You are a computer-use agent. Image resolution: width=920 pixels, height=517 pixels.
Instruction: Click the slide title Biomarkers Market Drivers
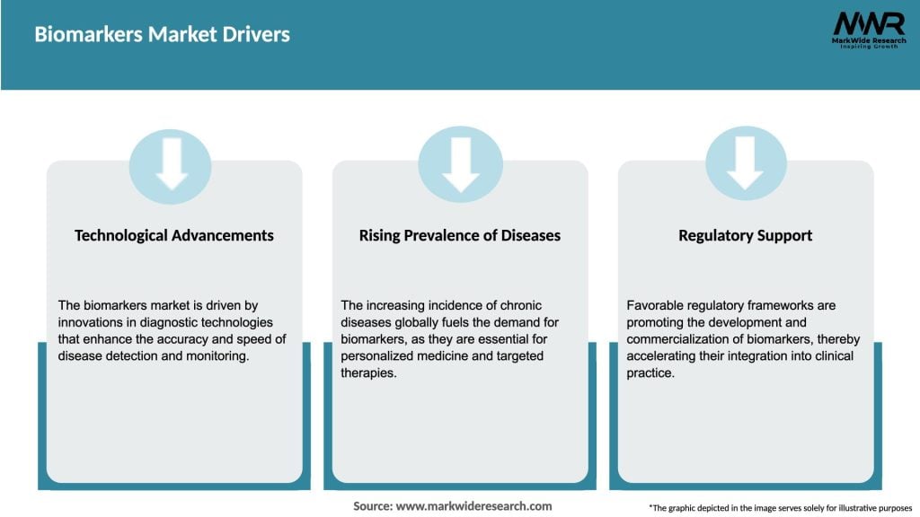pyautogui.click(x=162, y=35)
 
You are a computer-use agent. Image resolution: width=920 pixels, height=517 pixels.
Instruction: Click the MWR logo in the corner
pyautogui.click(x=868, y=23)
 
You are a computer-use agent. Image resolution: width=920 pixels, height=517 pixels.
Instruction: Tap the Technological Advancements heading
pyautogui.click(x=174, y=235)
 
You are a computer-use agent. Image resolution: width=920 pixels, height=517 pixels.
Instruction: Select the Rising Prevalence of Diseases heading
pyautogui.click(x=459, y=235)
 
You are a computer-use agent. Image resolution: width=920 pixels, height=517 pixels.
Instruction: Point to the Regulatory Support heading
pyautogui.click(x=745, y=235)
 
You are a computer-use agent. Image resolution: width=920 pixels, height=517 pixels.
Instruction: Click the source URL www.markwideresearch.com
pyautogui.click(x=473, y=506)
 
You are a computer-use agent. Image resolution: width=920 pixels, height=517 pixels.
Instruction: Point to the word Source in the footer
pyautogui.click(x=372, y=506)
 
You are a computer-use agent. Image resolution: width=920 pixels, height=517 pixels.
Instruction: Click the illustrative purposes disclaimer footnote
pyautogui.click(x=780, y=508)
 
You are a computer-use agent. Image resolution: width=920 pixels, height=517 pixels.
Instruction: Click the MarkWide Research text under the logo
pyautogui.click(x=868, y=40)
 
